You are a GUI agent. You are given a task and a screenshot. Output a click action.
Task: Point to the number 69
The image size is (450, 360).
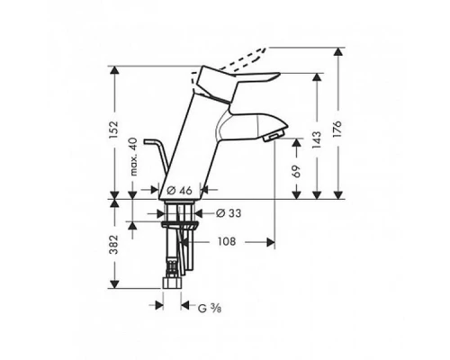pos(297,170)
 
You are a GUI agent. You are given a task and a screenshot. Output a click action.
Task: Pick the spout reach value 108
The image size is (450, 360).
pos(228,242)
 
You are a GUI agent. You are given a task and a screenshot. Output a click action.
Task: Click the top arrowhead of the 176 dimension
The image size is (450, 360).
pos(337,50)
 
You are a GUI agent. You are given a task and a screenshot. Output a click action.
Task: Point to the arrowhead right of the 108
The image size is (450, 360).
pos(269,242)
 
